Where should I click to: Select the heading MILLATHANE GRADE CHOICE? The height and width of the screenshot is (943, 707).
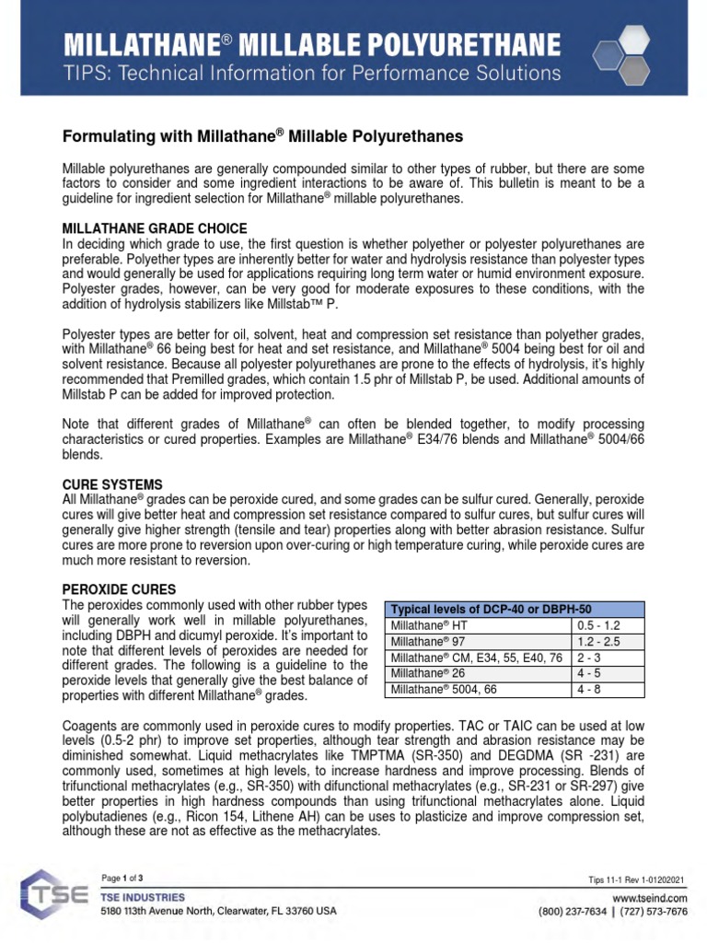click(154, 228)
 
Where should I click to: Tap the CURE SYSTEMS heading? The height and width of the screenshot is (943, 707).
click(112, 484)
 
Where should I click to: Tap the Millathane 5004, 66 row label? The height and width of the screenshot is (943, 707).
click(445, 689)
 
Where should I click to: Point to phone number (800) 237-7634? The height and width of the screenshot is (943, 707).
click(575, 912)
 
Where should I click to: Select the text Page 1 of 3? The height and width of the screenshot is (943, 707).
click(122, 878)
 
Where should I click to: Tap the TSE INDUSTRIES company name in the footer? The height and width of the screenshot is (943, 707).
click(143, 897)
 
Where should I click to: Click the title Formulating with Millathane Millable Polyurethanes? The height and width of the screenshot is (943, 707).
click(262, 136)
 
